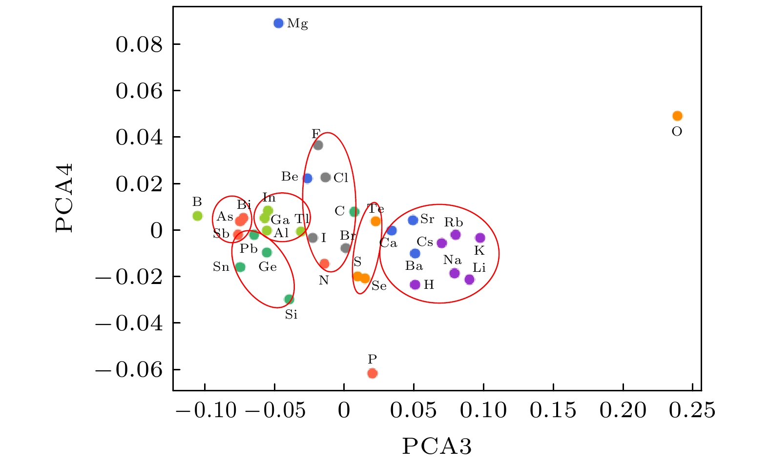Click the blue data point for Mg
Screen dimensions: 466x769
click(x=278, y=23)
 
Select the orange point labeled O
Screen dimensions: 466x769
click(x=677, y=116)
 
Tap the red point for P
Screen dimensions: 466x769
click(x=373, y=373)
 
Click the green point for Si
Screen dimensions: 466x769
click(x=289, y=299)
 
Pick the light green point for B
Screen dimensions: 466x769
click(x=197, y=216)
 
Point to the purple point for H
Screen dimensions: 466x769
click(x=415, y=284)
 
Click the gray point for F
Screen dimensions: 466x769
click(x=318, y=145)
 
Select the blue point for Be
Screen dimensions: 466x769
click(x=307, y=178)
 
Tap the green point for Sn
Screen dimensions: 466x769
click(x=240, y=267)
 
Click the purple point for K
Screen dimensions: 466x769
click(x=480, y=238)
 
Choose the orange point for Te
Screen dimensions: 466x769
click(x=375, y=221)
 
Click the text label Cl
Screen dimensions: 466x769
click(x=341, y=178)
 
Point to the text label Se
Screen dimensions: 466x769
click(x=379, y=286)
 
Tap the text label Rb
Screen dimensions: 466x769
click(x=453, y=223)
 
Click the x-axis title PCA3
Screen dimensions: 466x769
click(x=437, y=446)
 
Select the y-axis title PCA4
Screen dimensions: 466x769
click(x=64, y=197)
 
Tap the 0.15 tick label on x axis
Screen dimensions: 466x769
click(x=553, y=410)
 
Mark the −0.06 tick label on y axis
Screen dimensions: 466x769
click(x=129, y=369)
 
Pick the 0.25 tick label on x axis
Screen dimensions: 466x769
click(x=692, y=410)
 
